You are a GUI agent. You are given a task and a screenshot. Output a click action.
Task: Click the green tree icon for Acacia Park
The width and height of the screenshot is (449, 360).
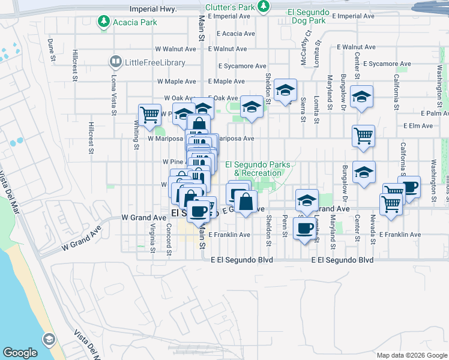(x=104, y=22)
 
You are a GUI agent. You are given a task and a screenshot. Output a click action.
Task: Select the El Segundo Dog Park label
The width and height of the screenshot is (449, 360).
(x=308, y=16)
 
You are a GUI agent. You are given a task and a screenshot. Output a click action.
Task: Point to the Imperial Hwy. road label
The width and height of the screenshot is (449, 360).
(x=153, y=10)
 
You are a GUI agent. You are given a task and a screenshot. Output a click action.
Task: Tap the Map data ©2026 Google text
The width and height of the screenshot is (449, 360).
(x=412, y=355)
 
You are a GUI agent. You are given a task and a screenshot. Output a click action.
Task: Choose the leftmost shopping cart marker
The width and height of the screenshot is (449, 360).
(x=149, y=113)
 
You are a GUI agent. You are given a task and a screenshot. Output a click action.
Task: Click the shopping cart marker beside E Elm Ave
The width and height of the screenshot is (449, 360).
(x=363, y=136)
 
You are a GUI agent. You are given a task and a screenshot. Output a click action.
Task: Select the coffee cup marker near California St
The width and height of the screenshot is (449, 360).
(x=409, y=186)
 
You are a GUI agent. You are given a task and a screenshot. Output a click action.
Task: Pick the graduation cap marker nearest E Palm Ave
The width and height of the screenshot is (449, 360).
(x=362, y=96)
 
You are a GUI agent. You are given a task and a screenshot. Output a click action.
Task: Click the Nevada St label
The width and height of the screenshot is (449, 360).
(x=373, y=230)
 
